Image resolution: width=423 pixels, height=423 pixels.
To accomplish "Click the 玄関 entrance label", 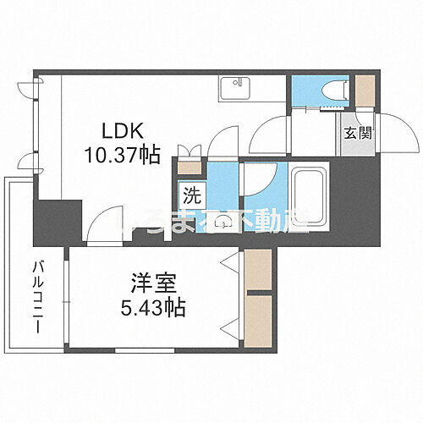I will (x=354, y=132).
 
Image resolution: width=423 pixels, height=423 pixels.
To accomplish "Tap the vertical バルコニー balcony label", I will (x=38, y=297).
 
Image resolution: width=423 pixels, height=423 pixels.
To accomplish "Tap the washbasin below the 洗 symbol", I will (x=222, y=222).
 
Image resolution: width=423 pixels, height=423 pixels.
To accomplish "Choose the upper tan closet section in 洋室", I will (x=257, y=270).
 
